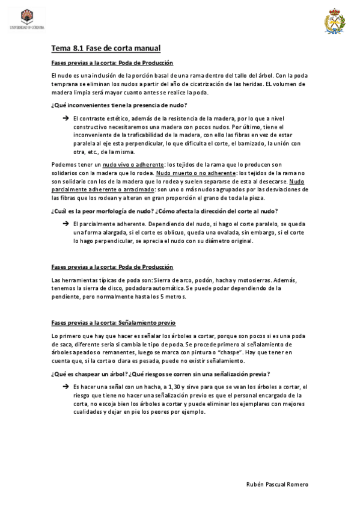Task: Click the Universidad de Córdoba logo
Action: pyautogui.click(x=27, y=19)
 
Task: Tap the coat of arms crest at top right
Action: pyautogui.click(x=334, y=20)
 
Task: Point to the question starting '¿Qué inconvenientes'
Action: pyautogui.click(x=119, y=105)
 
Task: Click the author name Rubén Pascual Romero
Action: pyautogui.click(x=278, y=484)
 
